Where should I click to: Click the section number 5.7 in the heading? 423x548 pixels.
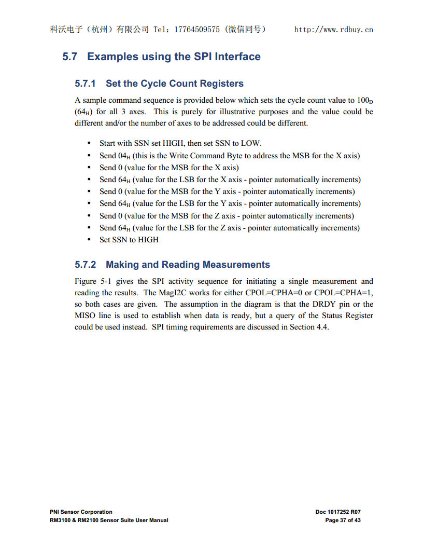click(x=69, y=57)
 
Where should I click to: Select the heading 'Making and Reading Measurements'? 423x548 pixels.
click(x=188, y=265)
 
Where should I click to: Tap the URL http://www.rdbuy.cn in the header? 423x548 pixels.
click(x=333, y=30)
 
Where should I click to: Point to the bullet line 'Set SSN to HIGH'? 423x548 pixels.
click(x=129, y=240)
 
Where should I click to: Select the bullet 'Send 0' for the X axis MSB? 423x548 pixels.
click(x=169, y=168)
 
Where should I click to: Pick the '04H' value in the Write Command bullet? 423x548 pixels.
click(x=124, y=156)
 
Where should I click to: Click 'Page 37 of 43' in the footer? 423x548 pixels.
click(x=343, y=520)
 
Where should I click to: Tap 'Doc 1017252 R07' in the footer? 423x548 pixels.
click(x=338, y=512)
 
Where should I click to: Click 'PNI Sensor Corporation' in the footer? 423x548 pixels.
click(x=81, y=512)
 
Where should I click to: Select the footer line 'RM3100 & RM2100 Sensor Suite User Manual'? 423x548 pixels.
click(x=109, y=520)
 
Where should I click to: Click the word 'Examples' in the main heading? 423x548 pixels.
click(x=112, y=57)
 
